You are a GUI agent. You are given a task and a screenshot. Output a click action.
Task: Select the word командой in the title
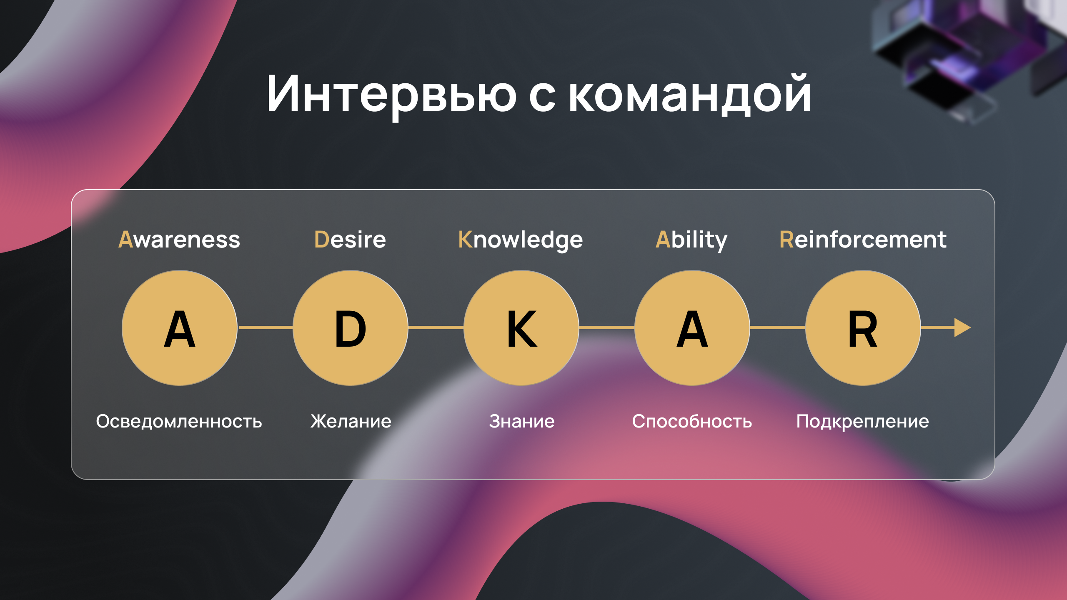690,93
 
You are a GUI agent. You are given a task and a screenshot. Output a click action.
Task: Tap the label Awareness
179,240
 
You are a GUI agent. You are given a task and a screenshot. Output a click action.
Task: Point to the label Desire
350,240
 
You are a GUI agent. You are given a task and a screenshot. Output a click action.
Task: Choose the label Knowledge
521,240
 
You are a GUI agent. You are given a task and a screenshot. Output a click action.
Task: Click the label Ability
691,240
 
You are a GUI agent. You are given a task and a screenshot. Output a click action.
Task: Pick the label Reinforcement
863,240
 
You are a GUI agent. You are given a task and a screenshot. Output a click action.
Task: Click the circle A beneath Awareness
180,328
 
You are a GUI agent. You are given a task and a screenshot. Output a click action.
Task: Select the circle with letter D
351,328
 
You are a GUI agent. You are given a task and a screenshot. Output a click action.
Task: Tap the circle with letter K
521,328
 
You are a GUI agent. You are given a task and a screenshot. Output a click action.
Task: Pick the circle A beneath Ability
692,328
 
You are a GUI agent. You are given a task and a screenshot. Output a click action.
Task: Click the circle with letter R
863,328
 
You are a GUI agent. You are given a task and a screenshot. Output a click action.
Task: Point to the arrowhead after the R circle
962,328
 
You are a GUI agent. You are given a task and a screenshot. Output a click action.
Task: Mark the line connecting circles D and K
436,328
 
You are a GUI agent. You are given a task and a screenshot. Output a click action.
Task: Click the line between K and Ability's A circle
607,328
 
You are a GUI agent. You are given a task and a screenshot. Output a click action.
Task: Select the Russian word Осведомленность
179,421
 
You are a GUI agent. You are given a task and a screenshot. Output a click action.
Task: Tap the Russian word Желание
351,421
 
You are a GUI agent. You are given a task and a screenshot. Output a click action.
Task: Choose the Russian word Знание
522,421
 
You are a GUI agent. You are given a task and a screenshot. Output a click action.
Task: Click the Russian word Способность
692,421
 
